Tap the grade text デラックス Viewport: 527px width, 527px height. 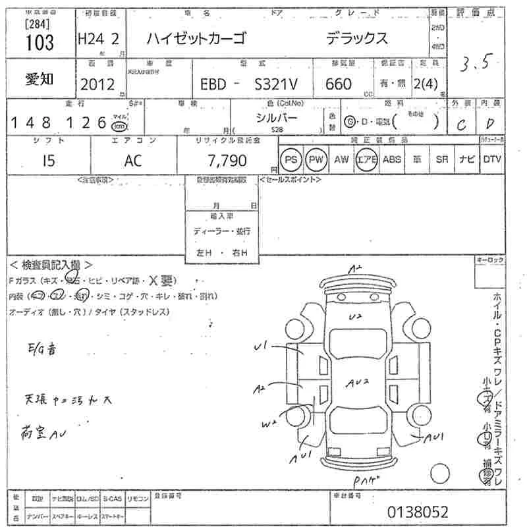(x=357, y=40)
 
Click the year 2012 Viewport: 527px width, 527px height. (x=96, y=84)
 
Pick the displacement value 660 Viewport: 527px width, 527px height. (x=338, y=84)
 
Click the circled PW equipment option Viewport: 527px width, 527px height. (x=316, y=160)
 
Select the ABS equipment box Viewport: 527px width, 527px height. (x=392, y=159)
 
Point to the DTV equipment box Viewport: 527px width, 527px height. (x=491, y=159)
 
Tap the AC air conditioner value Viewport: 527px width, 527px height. (x=132, y=161)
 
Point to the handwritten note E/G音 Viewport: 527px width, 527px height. (x=43, y=350)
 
